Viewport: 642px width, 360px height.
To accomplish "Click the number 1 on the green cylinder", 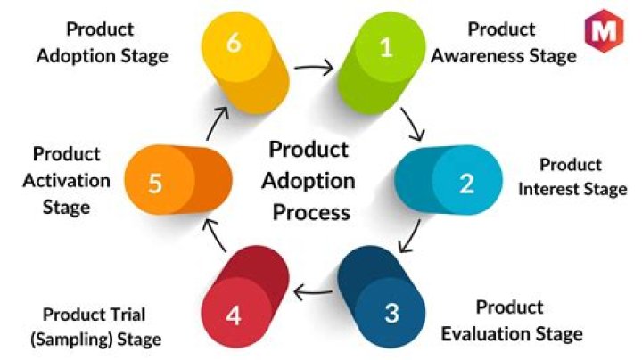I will pyautogui.click(x=386, y=46).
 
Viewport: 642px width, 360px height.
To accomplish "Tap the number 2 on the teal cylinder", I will pyautogui.click(x=465, y=183).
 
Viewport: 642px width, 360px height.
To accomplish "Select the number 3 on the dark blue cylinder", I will pyautogui.click(x=392, y=313).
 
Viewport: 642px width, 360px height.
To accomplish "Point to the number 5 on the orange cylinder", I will pyautogui.click(x=155, y=184).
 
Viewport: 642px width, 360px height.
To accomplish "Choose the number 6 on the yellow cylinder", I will pyautogui.click(x=234, y=43).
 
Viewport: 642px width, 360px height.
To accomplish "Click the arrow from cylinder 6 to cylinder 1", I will pyautogui.click(x=315, y=65).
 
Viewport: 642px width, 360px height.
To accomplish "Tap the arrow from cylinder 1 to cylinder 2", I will pyautogui.click(x=412, y=124).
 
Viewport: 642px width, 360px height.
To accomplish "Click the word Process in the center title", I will pyautogui.click(x=310, y=213).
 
